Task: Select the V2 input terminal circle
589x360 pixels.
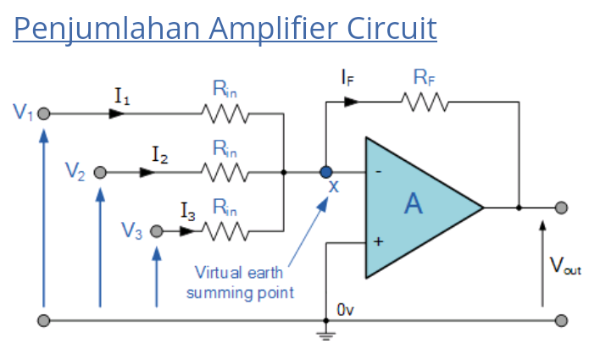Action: (100, 172)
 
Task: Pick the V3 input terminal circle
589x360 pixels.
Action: (156, 230)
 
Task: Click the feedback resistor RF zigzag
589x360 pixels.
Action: (426, 102)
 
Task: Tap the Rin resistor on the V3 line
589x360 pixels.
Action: (224, 230)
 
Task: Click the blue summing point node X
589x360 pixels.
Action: (326, 172)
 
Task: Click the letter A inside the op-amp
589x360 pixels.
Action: (413, 204)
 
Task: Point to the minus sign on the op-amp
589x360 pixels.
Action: (377, 172)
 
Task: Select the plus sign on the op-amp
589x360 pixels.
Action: (377, 241)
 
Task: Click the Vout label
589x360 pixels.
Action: (565, 266)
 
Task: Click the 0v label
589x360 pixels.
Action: (345, 310)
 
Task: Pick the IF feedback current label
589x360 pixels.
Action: (347, 78)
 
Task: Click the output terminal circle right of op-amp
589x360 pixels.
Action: (561, 208)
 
